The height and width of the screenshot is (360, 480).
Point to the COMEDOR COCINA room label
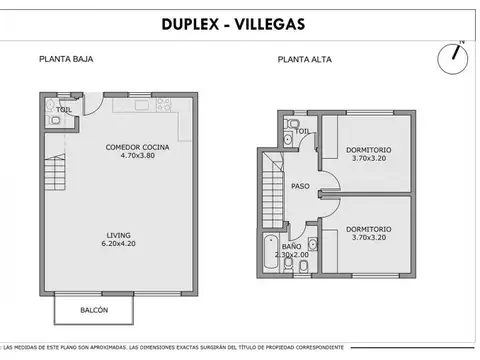click(x=137, y=148)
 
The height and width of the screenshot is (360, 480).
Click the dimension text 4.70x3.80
click(x=137, y=157)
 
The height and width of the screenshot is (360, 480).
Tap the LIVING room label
click(x=118, y=237)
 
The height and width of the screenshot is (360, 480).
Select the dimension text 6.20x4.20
click(x=118, y=246)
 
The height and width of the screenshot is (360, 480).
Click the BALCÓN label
click(x=95, y=310)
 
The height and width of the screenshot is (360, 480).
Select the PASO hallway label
click(x=299, y=186)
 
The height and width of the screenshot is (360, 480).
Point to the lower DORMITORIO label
click(x=370, y=229)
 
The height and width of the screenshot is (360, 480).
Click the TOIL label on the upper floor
click(x=301, y=131)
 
